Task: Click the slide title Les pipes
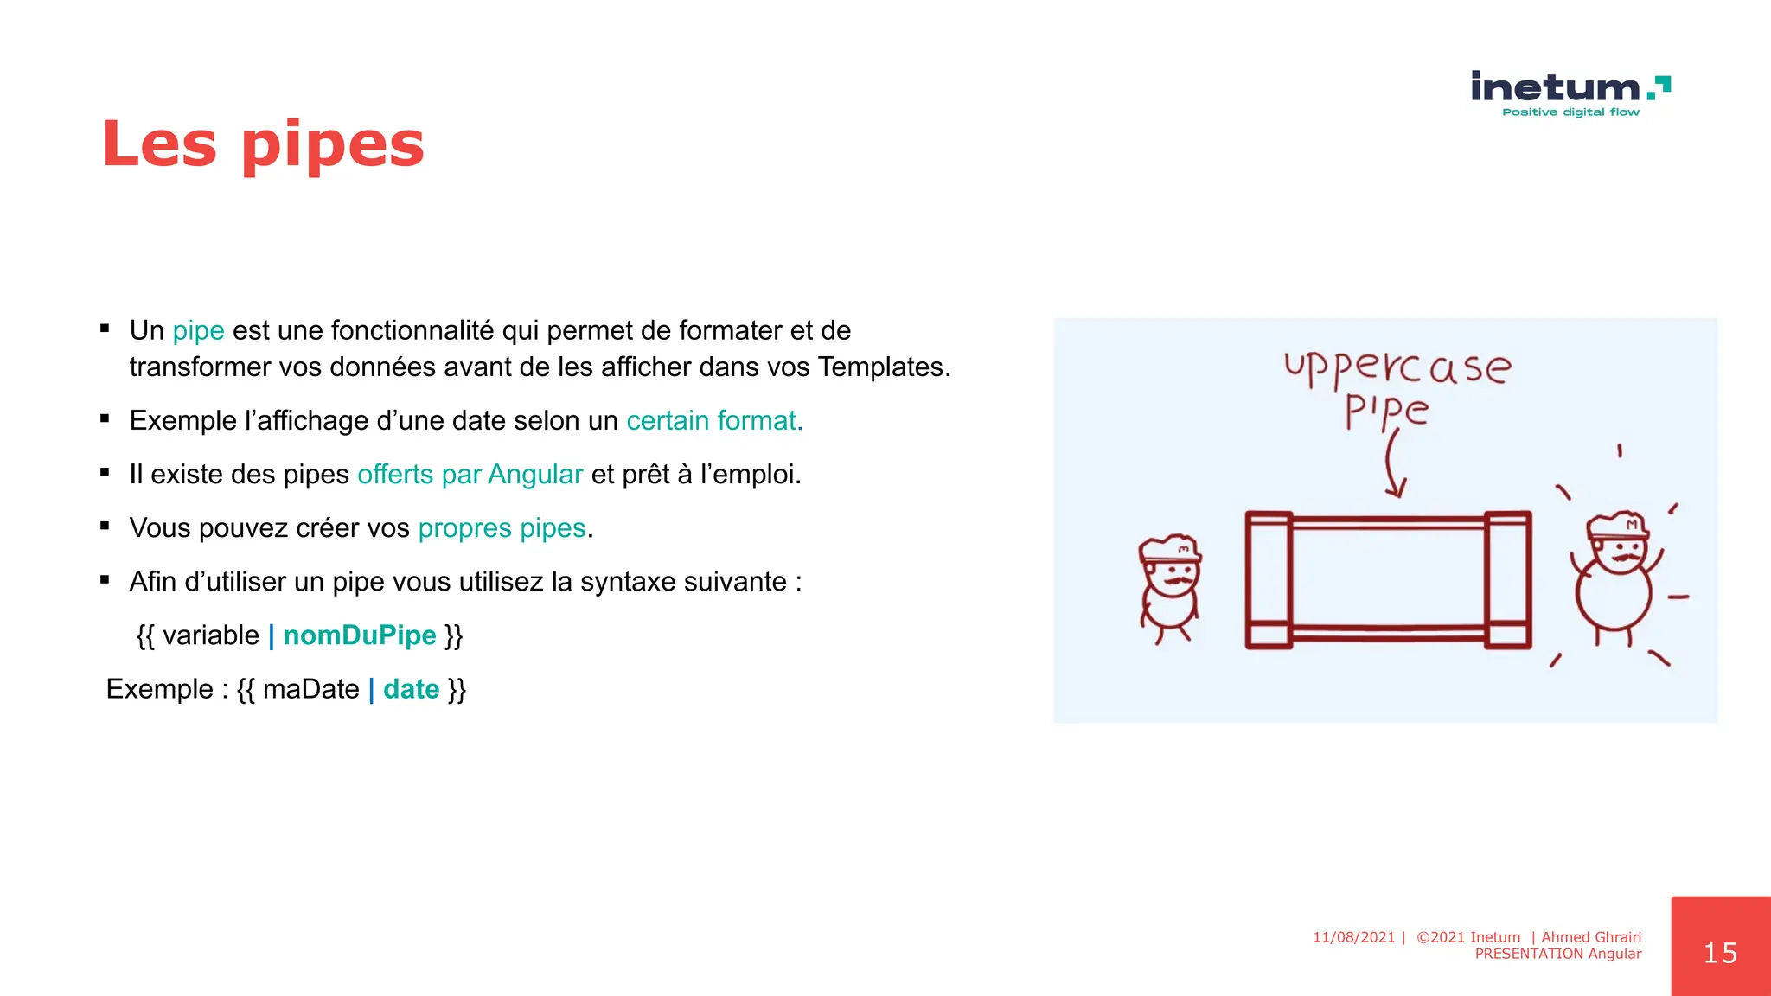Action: pyautogui.click(x=263, y=144)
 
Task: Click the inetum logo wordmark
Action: pyautogui.click(x=1557, y=88)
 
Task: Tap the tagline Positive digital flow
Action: pyautogui.click(x=1570, y=112)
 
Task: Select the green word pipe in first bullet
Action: pyautogui.click(x=198, y=330)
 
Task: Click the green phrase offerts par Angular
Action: pyautogui.click(x=470, y=475)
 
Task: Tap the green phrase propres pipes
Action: pyautogui.click(x=502, y=528)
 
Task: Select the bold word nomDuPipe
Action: pyautogui.click(x=360, y=635)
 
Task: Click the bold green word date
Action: pyautogui.click(x=412, y=689)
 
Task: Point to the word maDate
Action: pyautogui.click(x=310, y=689)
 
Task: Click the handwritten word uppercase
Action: pyautogui.click(x=1397, y=367)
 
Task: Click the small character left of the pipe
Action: pyautogui.click(x=1170, y=590)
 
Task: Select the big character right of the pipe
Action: pyautogui.click(x=1614, y=579)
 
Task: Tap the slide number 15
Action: pyautogui.click(x=1720, y=953)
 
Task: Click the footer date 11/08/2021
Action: pyautogui.click(x=1353, y=937)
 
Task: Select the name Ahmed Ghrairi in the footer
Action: pyautogui.click(x=1591, y=937)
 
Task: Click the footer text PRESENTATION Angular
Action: pyautogui.click(x=1557, y=954)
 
